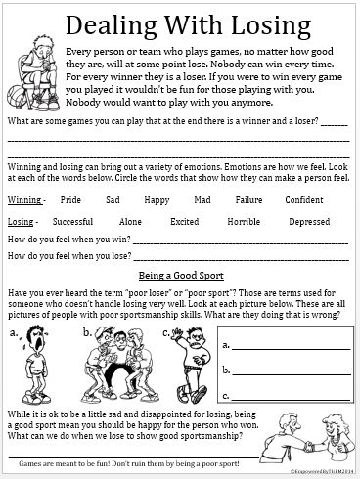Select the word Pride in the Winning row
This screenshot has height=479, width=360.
(x=70, y=199)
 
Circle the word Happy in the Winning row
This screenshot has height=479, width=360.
(x=157, y=199)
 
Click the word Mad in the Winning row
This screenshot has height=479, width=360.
(x=202, y=199)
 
